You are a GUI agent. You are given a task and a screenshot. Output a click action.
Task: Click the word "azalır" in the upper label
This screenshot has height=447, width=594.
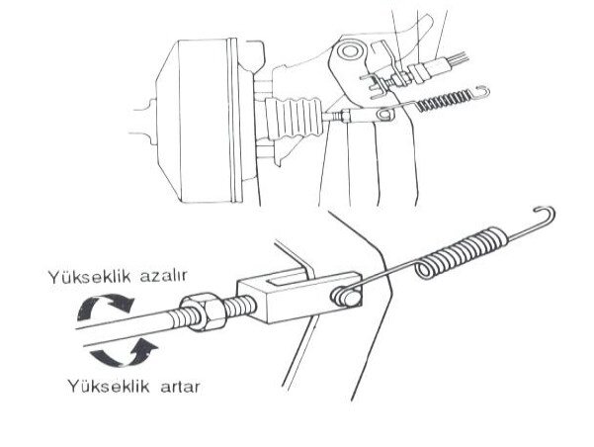pos(163,276)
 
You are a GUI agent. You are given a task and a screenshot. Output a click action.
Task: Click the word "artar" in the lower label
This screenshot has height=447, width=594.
pos(180,387)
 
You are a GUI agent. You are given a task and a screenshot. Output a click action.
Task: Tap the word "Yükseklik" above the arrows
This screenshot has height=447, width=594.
pos(89,277)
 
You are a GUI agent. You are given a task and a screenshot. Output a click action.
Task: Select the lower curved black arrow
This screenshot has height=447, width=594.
pos(125,356)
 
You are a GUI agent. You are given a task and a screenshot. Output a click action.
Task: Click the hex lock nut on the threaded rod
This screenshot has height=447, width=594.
pos(203,311)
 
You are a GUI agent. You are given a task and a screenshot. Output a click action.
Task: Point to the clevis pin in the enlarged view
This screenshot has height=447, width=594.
pos(345,297)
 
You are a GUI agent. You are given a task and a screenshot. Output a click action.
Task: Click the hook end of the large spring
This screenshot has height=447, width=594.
pos(546,215)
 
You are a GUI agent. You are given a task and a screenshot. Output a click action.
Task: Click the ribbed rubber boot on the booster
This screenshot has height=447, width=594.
pos(294,118)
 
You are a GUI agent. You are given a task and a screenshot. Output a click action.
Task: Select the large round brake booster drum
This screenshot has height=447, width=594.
pos(205,121)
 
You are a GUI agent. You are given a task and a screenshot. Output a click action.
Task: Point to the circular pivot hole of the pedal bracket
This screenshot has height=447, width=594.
pos(349,51)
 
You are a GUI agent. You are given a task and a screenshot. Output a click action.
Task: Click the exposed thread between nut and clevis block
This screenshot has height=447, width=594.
pos(241,306)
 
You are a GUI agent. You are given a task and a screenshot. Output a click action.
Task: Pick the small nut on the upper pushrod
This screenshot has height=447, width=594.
pos(346,116)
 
